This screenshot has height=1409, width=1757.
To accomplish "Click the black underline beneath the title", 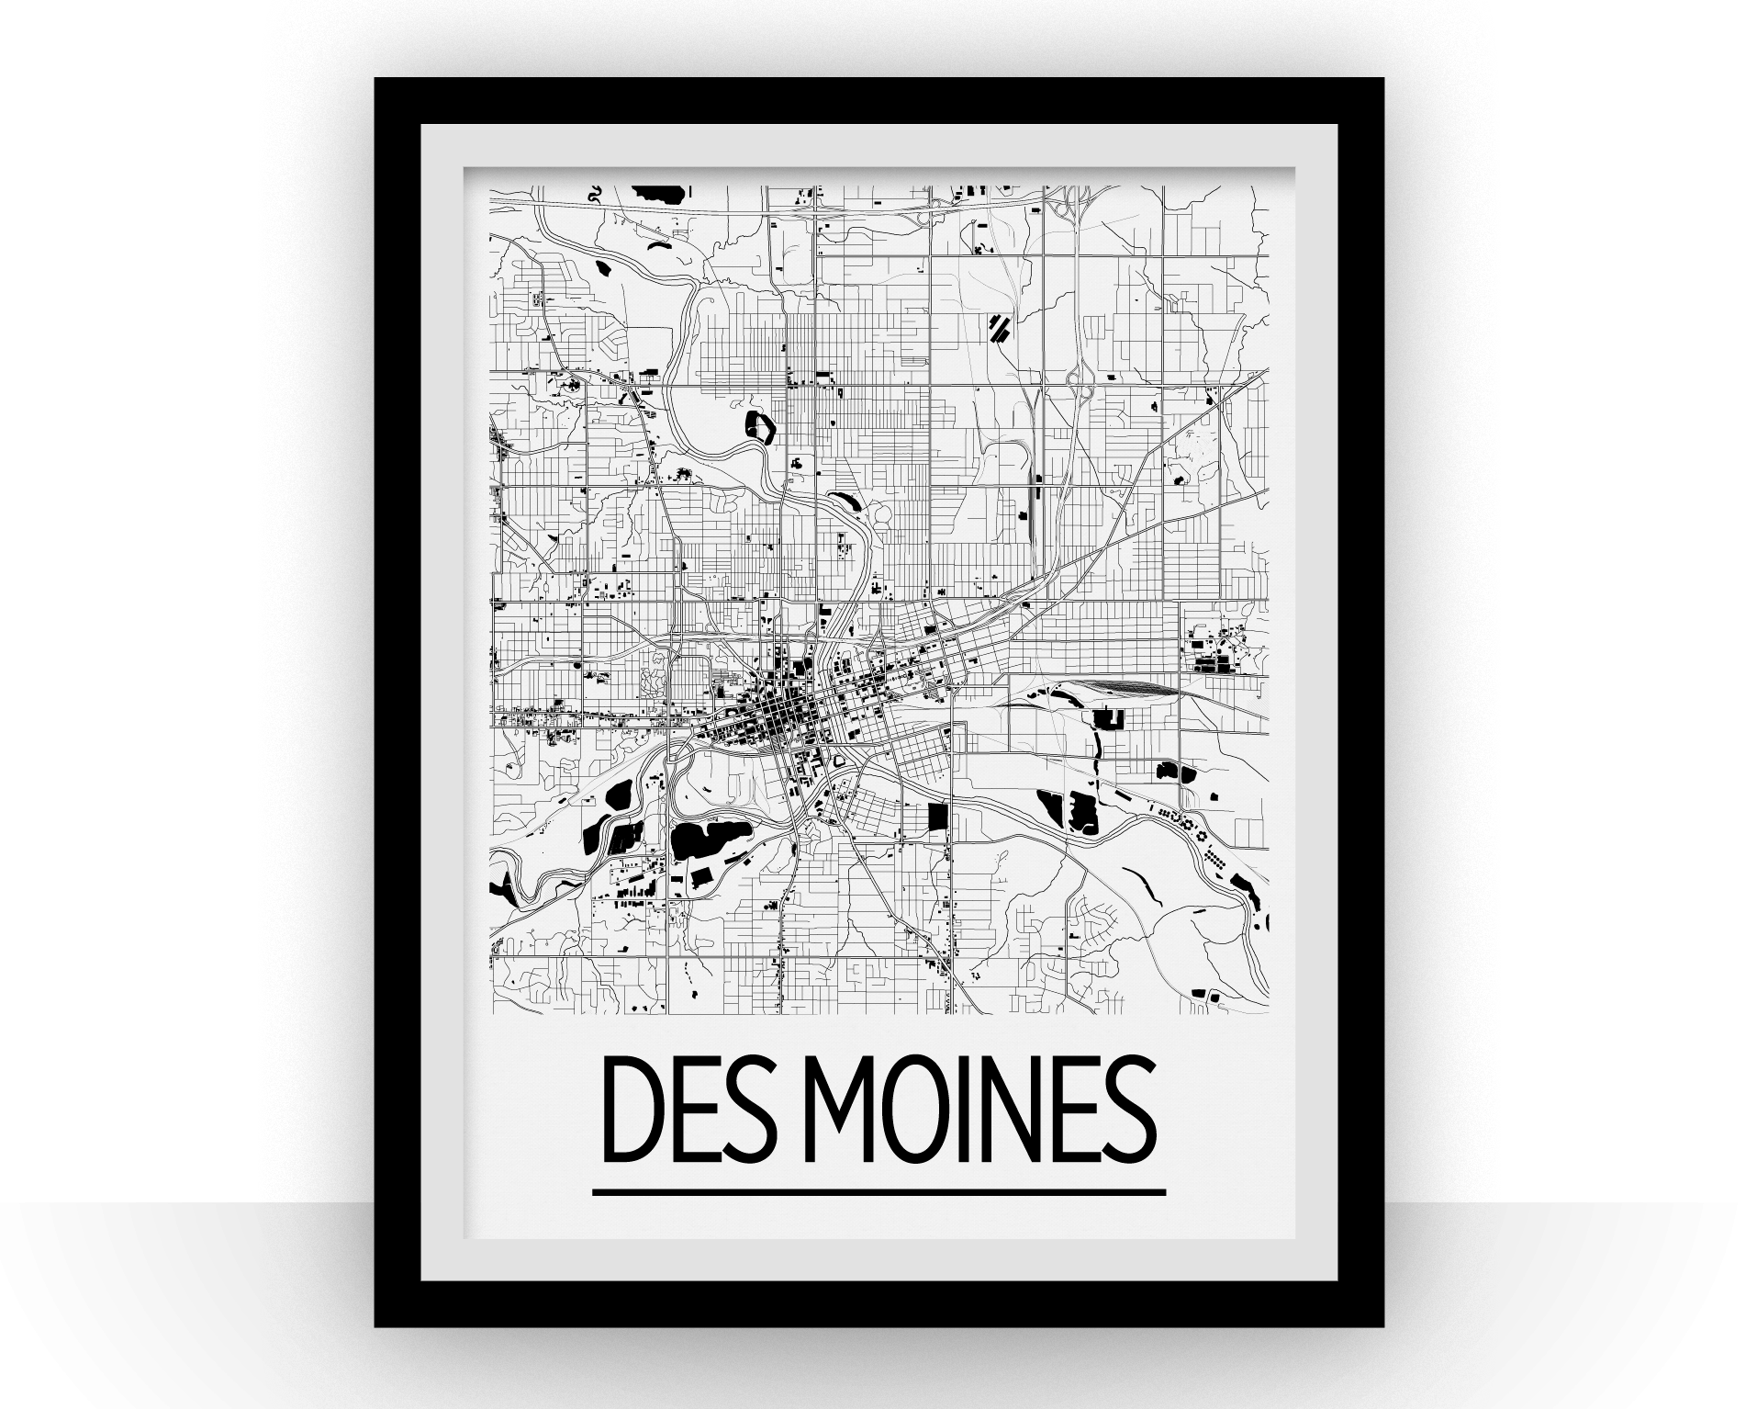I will click(x=878, y=1193).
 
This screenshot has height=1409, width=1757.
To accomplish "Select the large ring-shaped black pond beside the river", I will click(x=760, y=428).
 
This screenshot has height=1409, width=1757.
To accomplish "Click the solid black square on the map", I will click(x=936, y=817).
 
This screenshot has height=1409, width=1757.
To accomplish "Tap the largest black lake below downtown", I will click(x=702, y=838).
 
